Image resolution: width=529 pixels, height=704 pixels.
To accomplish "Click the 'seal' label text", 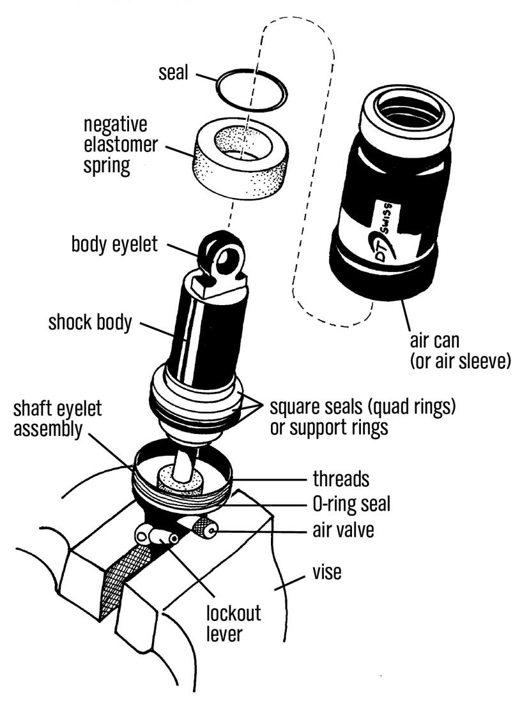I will (x=173, y=72).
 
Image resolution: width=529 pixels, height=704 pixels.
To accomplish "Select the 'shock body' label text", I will (x=89, y=322).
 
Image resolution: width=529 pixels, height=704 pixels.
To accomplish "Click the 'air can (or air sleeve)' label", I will (x=459, y=350).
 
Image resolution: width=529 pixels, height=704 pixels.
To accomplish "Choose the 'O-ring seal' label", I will (x=351, y=504).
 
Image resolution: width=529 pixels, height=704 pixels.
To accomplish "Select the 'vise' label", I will (x=326, y=572).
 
